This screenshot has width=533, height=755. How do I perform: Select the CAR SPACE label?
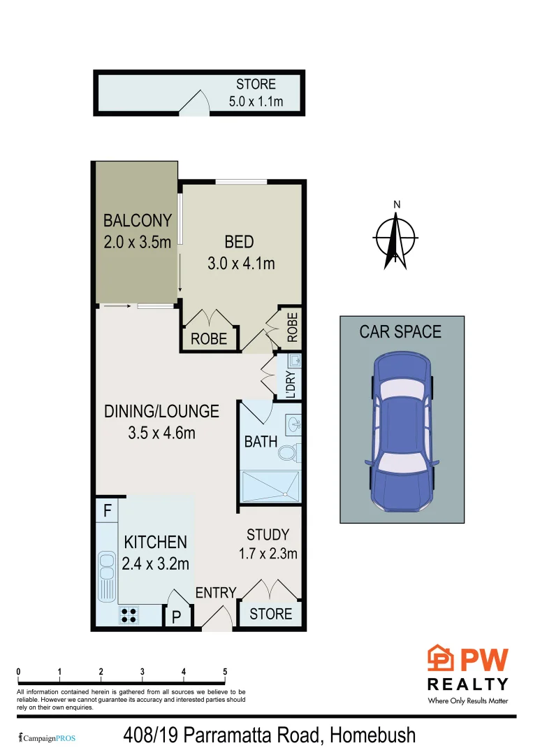[400, 331]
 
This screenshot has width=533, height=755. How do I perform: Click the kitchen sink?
[107, 577]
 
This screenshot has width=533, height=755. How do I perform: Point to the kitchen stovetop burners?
[129, 615]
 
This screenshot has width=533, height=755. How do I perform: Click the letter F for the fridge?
[107, 510]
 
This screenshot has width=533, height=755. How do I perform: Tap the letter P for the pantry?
[177, 618]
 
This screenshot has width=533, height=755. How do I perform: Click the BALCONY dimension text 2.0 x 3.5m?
[137, 243]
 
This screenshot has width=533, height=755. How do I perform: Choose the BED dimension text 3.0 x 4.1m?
[240, 264]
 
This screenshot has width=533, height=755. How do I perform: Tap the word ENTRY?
[216, 593]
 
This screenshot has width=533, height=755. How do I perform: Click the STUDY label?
[268, 535]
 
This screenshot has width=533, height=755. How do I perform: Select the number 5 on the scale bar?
[225, 672]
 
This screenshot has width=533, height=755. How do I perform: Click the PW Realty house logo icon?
[440, 658]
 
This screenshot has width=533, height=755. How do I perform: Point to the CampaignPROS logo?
[46, 738]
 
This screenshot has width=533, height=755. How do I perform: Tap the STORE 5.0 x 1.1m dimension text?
[256, 102]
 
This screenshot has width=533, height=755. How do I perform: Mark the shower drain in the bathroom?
[286, 493]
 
